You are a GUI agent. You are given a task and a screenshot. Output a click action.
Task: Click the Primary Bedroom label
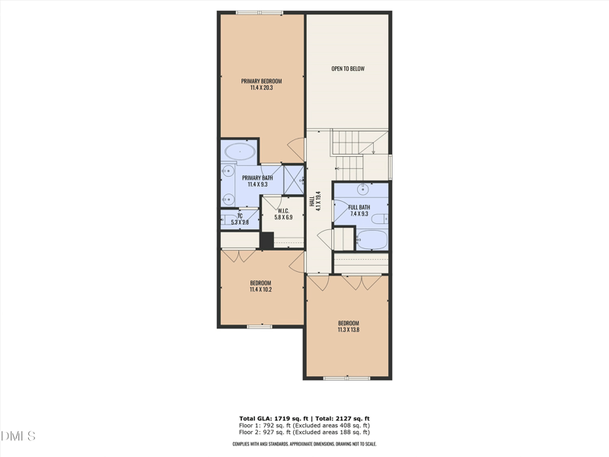tap(262, 81)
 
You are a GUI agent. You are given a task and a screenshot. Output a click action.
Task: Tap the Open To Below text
tap(348, 69)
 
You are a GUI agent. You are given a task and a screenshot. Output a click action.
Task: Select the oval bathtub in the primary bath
tap(240, 151)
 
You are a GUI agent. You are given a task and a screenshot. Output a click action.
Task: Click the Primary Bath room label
tap(257, 178)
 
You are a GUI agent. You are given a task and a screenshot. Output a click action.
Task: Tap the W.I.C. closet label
tap(283, 211)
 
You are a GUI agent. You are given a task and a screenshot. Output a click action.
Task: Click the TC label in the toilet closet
tap(240, 216)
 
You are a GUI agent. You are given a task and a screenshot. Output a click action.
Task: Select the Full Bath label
tap(359, 207)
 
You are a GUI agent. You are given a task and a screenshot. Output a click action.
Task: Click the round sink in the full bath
tap(363, 188)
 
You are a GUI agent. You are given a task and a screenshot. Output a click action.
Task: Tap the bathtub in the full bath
tap(372, 239)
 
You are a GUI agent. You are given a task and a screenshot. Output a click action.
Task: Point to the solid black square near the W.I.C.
tap(266, 240)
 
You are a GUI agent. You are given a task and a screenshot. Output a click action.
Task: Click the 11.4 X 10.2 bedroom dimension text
tap(261, 289)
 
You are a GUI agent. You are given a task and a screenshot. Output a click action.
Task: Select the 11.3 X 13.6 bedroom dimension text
tap(349, 330)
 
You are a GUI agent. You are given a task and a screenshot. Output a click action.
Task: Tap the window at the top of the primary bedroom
tap(259, 12)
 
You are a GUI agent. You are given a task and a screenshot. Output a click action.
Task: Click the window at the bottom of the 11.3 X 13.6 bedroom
tap(346, 378)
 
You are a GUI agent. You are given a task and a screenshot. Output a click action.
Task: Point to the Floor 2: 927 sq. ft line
tap(304, 432)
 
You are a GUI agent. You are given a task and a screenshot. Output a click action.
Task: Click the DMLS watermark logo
tap(18, 436)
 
